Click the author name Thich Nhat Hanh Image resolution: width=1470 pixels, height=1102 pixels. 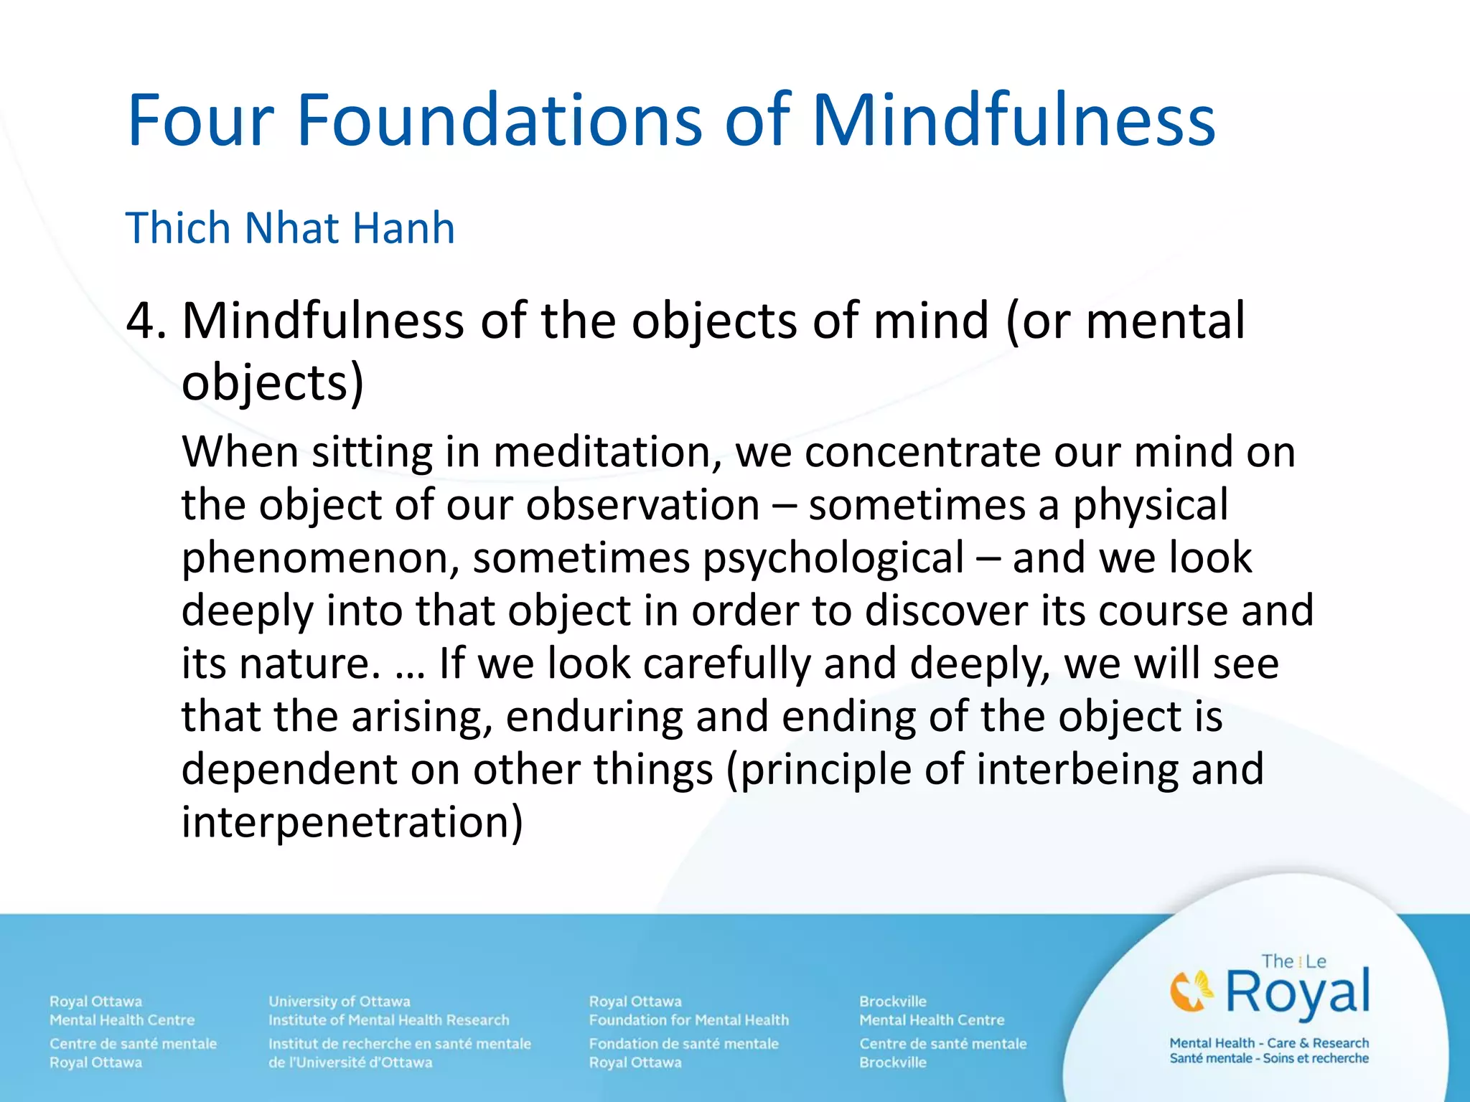tap(290, 228)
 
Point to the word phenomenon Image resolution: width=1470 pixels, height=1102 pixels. tap(320, 559)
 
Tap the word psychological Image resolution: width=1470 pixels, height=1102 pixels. tap(833, 559)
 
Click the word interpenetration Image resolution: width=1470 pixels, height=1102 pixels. tap(352, 822)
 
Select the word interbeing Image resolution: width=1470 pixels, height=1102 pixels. tap(1077, 769)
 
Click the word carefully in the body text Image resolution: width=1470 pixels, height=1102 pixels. tap(726, 664)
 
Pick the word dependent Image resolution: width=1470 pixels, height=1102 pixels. tap(288, 769)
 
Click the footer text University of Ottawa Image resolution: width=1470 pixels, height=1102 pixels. tap(340, 1001)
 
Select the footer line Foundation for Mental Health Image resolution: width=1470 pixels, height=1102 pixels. tap(688, 1019)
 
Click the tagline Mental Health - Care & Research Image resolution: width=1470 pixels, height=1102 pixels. tap(1269, 1042)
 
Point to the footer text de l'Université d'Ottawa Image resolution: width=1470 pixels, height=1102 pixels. tap(350, 1062)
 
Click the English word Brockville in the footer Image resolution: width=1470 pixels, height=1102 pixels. tap(893, 1001)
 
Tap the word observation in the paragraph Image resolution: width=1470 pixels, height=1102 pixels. tap(642, 506)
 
